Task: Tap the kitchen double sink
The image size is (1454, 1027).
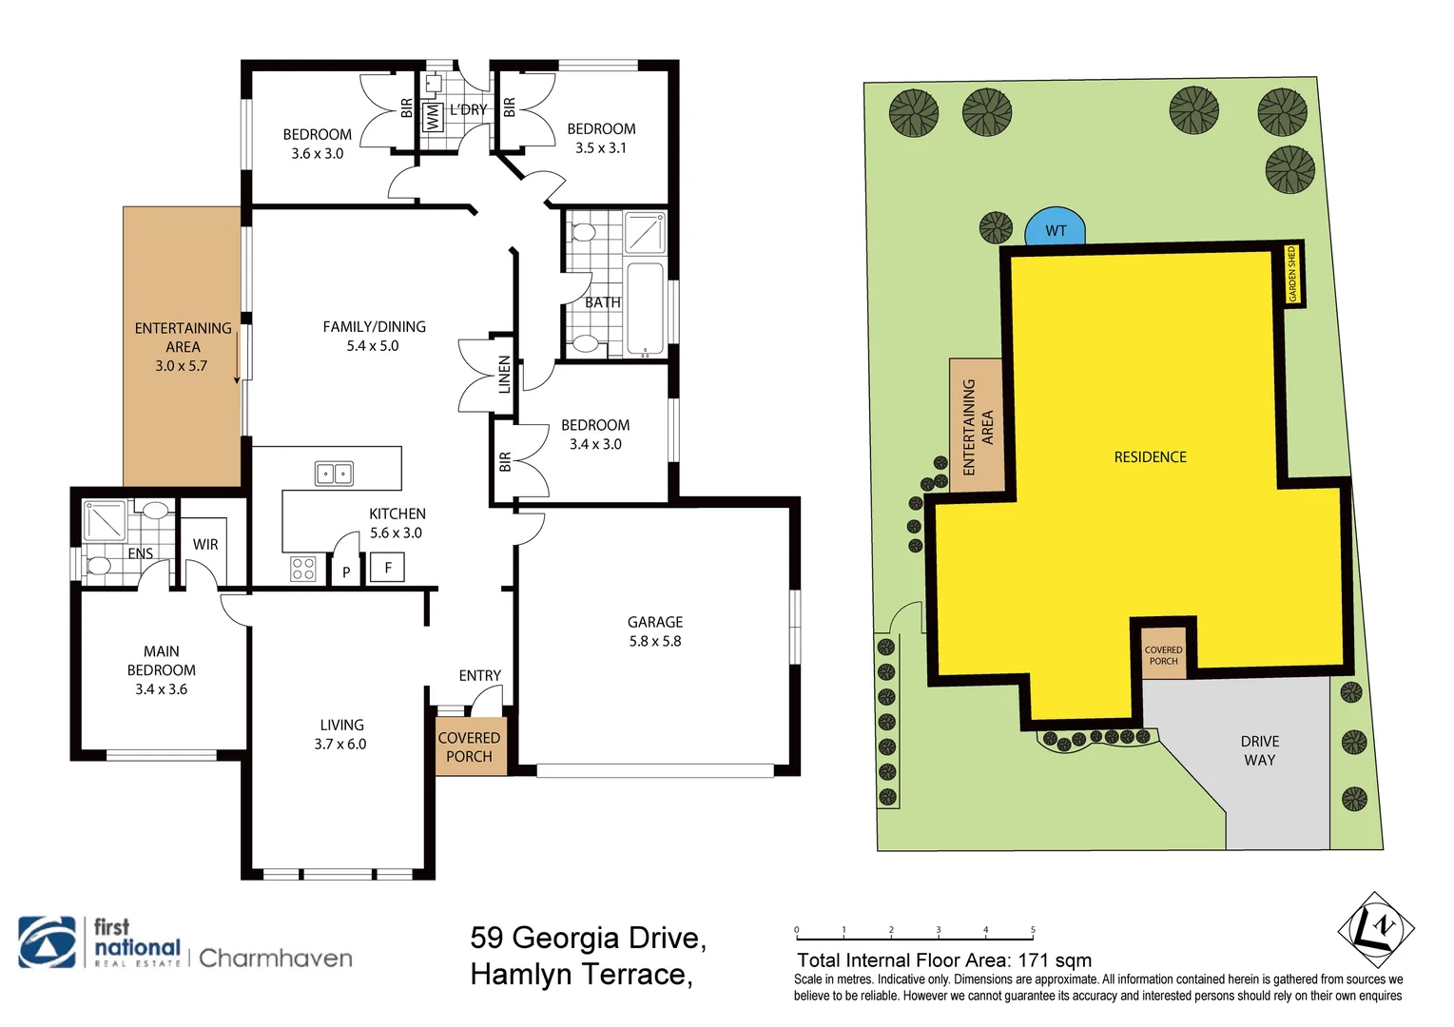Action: pyautogui.click(x=334, y=473)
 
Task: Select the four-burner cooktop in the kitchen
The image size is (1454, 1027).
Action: pyautogui.click(x=303, y=569)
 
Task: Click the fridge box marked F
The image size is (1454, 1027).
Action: pyautogui.click(x=387, y=568)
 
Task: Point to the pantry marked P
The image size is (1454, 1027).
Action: pyautogui.click(x=346, y=572)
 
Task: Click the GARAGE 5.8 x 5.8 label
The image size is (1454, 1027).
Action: pyautogui.click(x=655, y=631)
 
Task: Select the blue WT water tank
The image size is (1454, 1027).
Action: pyautogui.click(x=1055, y=228)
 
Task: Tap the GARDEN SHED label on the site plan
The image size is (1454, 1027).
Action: pyautogui.click(x=1292, y=275)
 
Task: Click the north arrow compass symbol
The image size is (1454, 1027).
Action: pyautogui.click(x=1375, y=929)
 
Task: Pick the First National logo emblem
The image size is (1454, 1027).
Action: pyautogui.click(x=48, y=942)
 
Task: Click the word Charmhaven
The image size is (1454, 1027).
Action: pyautogui.click(x=276, y=958)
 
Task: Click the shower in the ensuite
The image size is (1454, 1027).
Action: pyautogui.click(x=105, y=520)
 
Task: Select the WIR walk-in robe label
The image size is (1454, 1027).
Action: pyautogui.click(x=205, y=545)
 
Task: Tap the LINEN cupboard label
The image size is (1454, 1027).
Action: pyautogui.click(x=504, y=375)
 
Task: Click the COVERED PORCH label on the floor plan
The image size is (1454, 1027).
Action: pyautogui.click(x=469, y=746)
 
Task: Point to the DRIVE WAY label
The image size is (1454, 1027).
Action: pyautogui.click(x=1259, y=750)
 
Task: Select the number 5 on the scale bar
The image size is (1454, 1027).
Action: pyautogui.click(x=1033, y=930)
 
